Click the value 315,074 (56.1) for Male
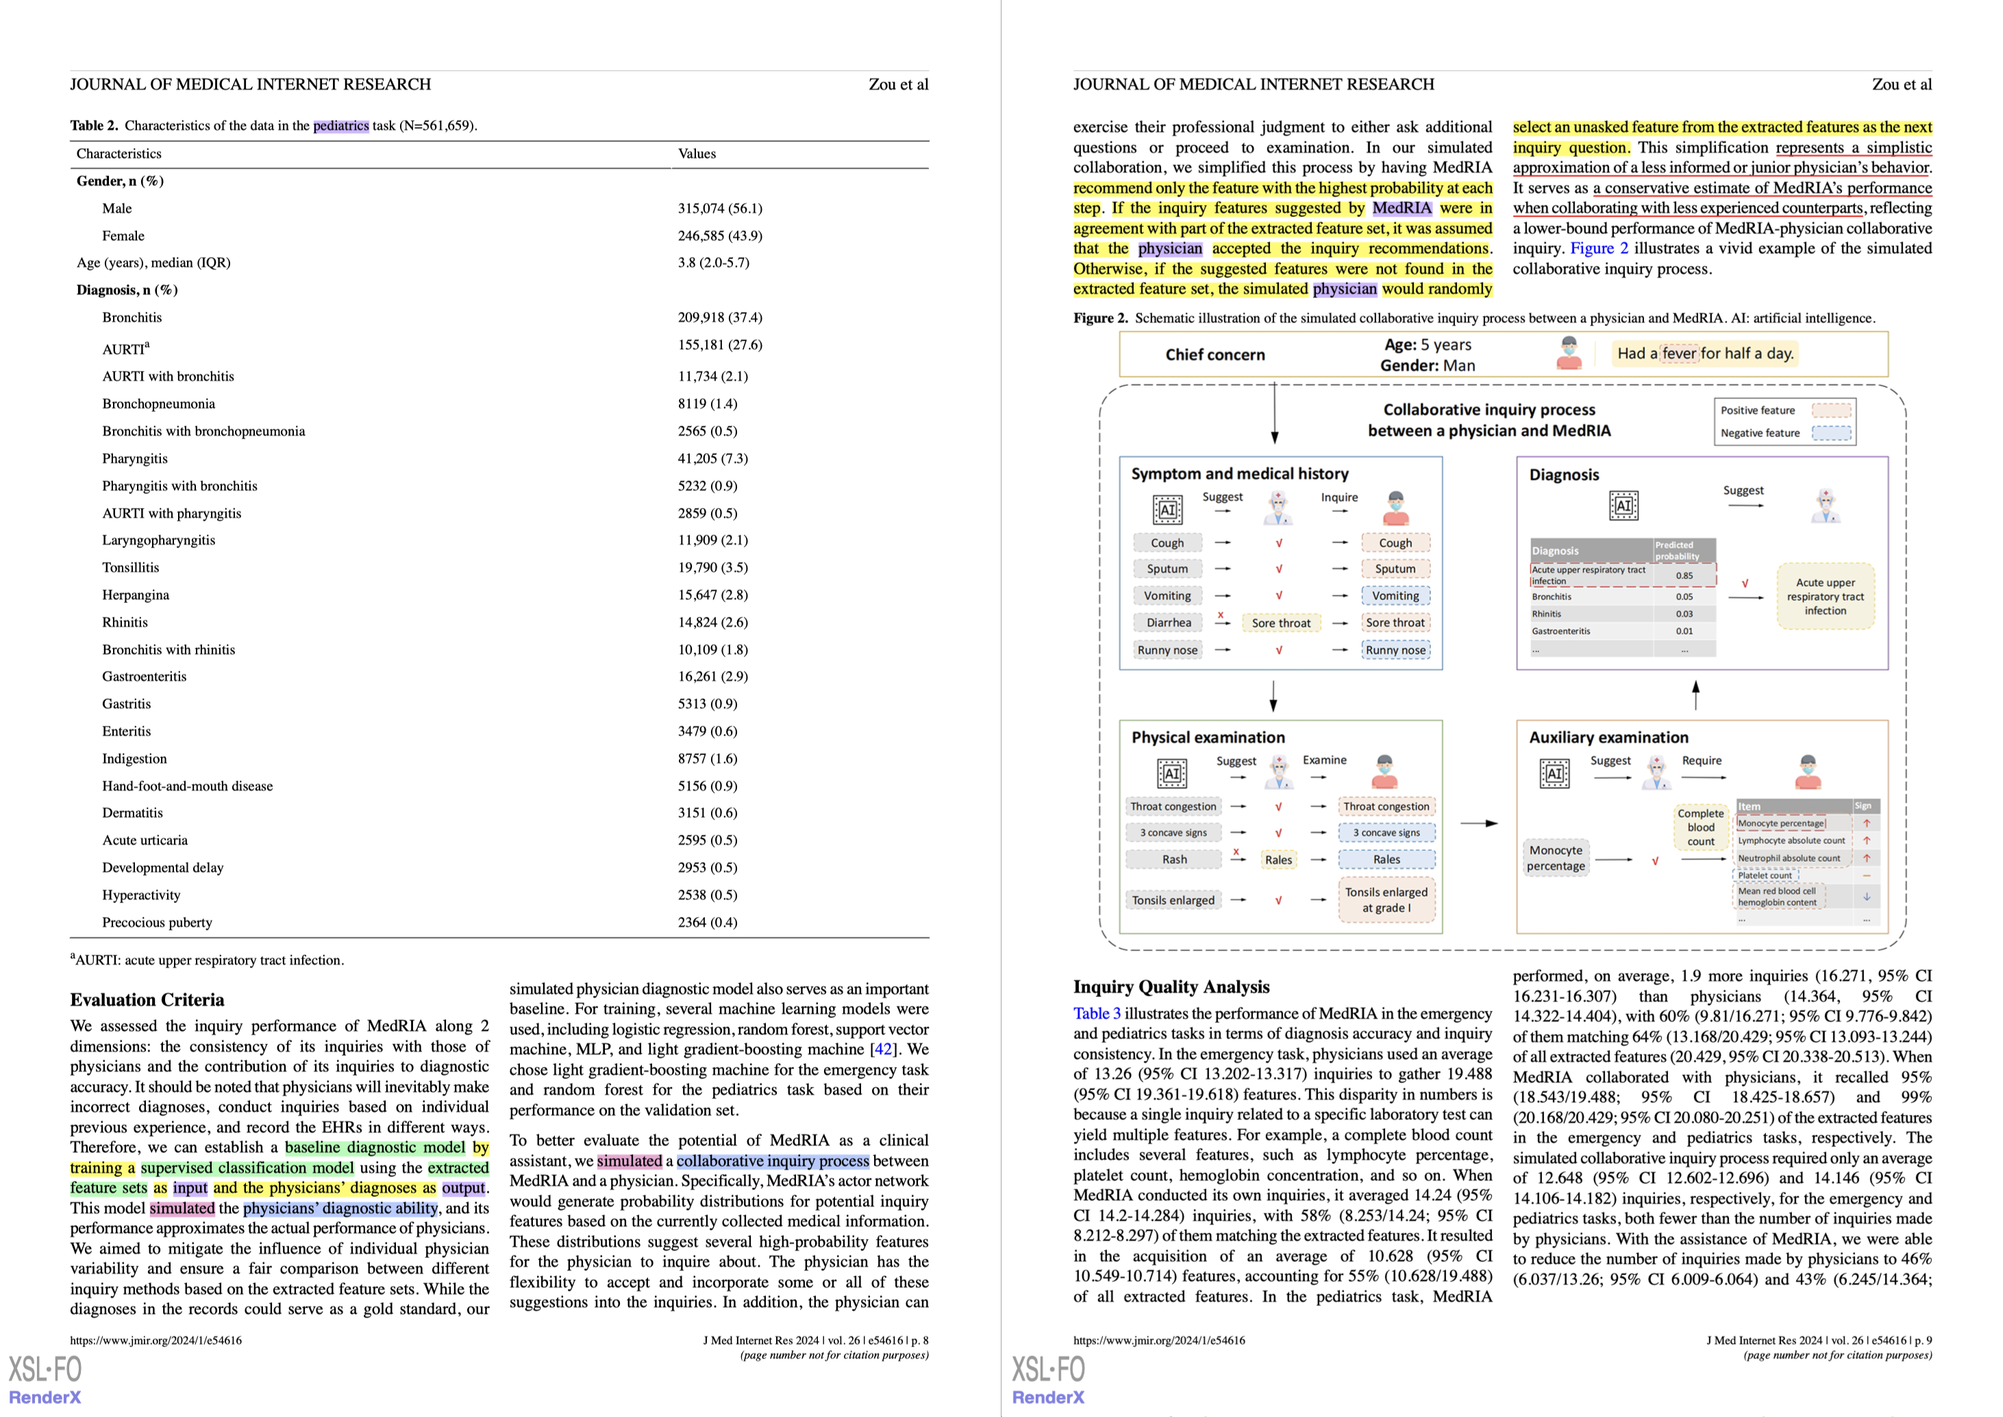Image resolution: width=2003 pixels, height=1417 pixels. click(x=720, y=208)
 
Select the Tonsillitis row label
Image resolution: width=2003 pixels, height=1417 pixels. click(x=131, y=567)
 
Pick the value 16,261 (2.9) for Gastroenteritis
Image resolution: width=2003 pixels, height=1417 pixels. click(x=712, y=676)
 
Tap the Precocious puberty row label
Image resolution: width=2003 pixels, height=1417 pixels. click(x=157, y=922)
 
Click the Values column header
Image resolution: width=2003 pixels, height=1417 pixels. click(x=696, y=153)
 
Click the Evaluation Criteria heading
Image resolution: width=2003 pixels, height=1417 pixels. click(x=147, y=1000)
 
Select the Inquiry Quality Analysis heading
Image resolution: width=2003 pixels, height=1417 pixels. click(x=1171, y=987)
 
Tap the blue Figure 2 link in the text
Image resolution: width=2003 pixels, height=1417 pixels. click(x=1599, y=249)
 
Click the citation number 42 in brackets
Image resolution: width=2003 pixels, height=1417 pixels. click(x=884, y=1050)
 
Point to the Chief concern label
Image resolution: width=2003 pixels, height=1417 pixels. click(x=1215, y=355)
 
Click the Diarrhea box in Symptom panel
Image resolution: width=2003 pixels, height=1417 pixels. click(x=1168, y=623)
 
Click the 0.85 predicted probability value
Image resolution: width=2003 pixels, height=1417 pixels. click(x=1684, y=576)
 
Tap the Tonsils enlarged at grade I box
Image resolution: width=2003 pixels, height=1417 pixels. click(x=1386, y=900)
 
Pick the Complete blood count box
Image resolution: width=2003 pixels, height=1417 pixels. click(x=1700, y=827)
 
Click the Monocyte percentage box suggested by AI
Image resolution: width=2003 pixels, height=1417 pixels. click(x=1556, y=858)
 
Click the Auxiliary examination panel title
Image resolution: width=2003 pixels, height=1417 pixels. click(x=1608, y=738)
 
